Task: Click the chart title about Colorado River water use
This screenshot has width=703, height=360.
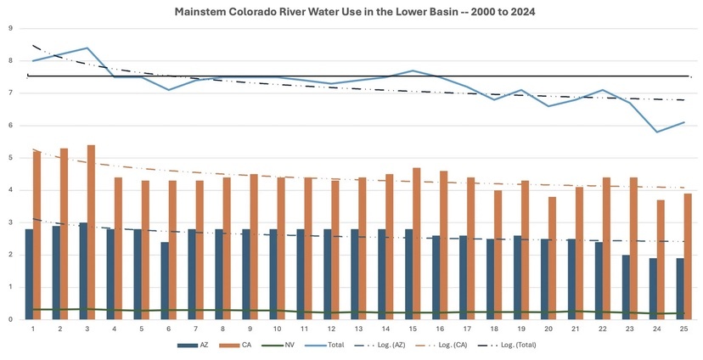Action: pyautogui.click(x=351, y=13)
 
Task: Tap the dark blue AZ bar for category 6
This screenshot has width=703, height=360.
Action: pyautogui.click(x=165, y=280)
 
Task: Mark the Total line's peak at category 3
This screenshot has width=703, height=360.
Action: pyautogui.click(x=87, y=48)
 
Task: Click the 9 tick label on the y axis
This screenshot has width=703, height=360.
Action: pyautogui.click(x=10, y=28)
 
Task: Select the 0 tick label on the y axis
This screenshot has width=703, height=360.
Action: pyautogui.click(x=10, y=319)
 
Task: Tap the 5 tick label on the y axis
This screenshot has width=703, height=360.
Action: pyautogui.click(x=10, y=158)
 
